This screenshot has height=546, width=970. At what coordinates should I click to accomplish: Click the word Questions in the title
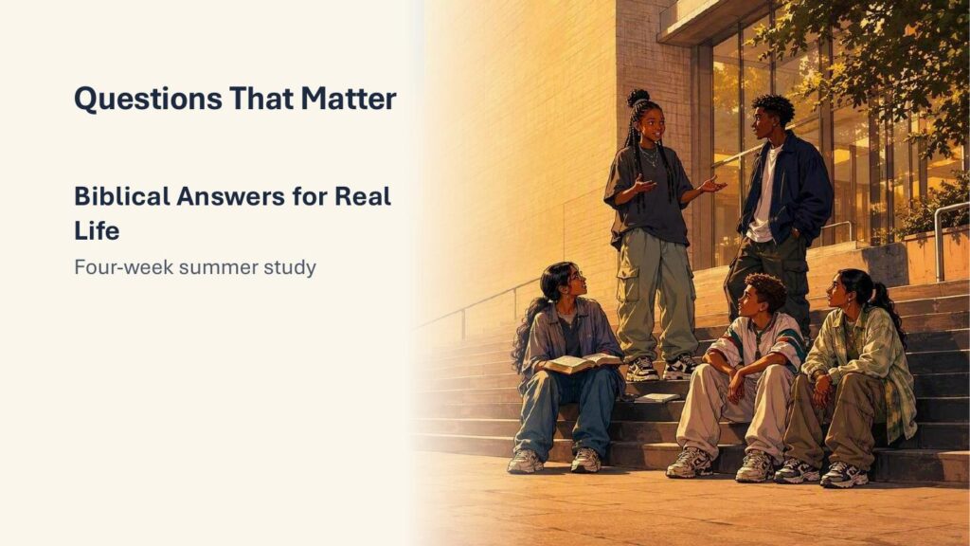[x=148, y=99]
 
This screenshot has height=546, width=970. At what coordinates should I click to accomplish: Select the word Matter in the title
[x=349, y=99]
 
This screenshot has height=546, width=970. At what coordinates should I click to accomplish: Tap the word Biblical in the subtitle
[x=122, y=196]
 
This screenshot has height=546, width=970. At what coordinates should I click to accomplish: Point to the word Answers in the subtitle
[x=230, y=196]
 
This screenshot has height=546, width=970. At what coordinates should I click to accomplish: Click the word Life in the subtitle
[x=97, y=231]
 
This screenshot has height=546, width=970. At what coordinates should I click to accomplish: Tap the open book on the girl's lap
[x=583, y=363]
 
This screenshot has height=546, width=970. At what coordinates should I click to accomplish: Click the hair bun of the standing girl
[x=638, y=98]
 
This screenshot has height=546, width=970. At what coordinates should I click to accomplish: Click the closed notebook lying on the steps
[x=656, y=398]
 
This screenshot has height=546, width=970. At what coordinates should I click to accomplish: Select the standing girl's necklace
[x=649, y=156]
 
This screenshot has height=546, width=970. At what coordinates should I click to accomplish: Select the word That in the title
[x=261, y=99]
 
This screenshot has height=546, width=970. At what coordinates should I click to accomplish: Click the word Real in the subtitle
[x=363, y=196]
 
